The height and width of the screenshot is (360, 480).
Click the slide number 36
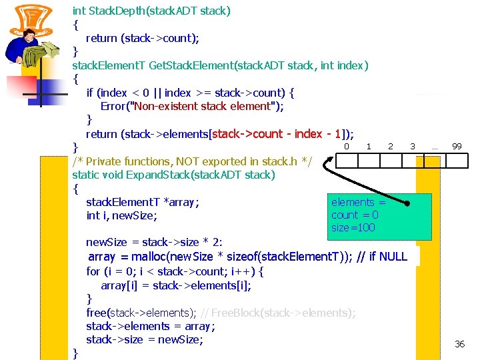[x=459, y=344]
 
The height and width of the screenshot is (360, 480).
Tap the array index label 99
[x=457, y=146]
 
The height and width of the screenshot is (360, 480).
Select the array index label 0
[x=346, y=146]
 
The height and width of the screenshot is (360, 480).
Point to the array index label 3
[x=413, y=146]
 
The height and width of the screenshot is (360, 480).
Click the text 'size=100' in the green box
[x=353, y=228]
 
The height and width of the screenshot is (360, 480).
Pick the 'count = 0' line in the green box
[x=355, y=215]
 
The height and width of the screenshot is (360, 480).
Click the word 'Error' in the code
[x=115, y=107]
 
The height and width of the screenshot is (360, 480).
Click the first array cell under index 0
[x=346, y=161]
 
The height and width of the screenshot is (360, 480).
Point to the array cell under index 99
[x=457, y=161]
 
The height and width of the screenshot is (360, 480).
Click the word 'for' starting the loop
[x=93, y=271]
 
